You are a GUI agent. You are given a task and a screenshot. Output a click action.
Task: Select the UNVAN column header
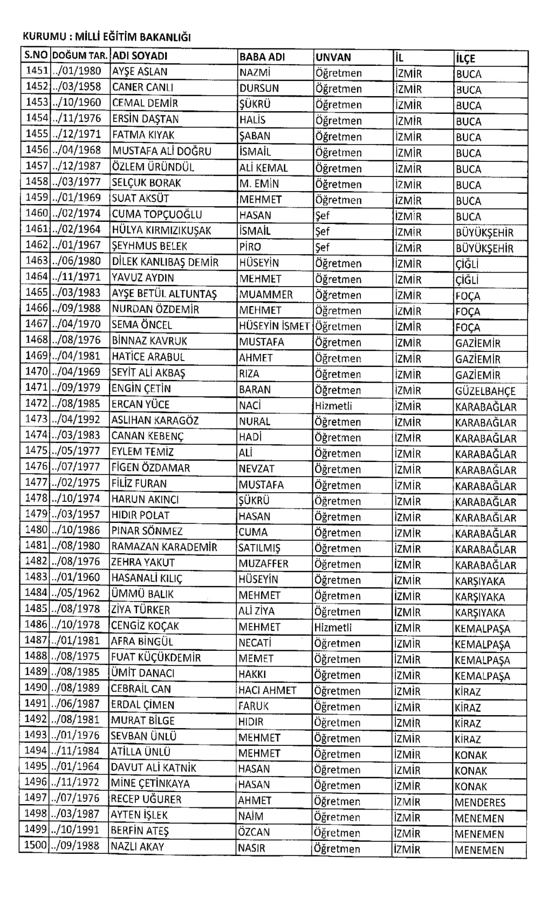(333, 57)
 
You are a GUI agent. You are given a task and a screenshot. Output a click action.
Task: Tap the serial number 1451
(37, 71)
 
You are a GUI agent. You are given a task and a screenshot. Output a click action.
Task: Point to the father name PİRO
(250, 247)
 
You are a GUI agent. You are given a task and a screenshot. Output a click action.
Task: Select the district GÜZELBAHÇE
(485, 391)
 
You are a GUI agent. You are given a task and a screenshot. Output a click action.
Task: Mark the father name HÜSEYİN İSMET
(274, 325)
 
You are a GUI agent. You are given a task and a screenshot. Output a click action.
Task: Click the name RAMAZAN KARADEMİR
(164, 547)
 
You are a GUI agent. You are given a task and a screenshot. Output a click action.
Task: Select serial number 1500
(36, 845)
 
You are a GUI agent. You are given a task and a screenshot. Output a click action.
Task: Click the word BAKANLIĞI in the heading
(165, 37)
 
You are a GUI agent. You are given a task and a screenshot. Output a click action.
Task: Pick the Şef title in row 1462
(322, 247)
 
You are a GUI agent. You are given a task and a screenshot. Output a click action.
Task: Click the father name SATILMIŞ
(259, 548)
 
